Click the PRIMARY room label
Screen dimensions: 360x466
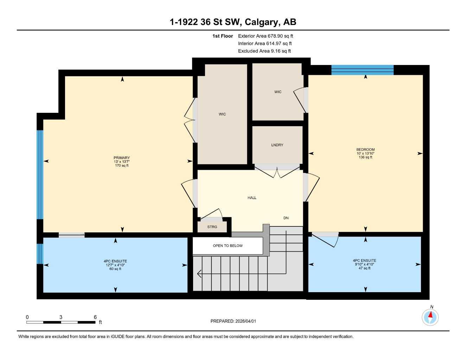[122, 158]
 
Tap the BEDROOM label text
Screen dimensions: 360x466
[365, 149]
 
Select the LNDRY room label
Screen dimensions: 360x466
[277, 145]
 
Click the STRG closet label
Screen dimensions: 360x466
[212, 227]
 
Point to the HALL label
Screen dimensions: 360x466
[252, 198]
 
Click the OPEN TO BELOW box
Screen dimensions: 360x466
[228, 246]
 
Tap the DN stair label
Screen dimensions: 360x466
[286, 218]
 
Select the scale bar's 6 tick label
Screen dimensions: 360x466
[95, 317]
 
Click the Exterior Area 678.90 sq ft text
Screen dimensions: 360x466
[265, 36]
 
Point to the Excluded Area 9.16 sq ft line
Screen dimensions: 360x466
[264, 51]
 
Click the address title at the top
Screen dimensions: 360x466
[233, 22]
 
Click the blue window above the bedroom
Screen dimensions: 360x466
[362, 70]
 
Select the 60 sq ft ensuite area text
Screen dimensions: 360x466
[115, 269]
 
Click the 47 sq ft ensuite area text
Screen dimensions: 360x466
[364, 268]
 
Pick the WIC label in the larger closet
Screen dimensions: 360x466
[222, 114]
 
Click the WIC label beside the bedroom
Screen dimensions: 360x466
[278, 92]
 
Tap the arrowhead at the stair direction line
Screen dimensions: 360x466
[199, 274]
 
